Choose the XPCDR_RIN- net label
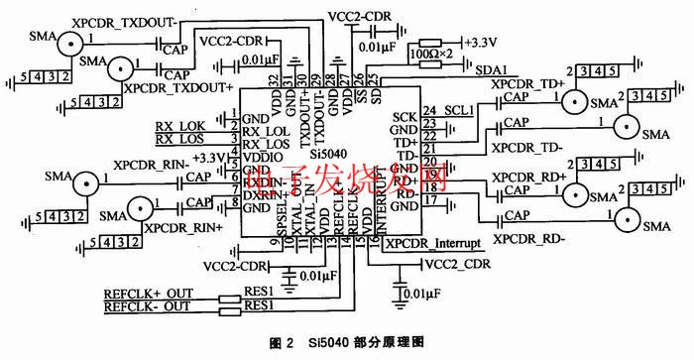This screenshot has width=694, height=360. tap(148, 164)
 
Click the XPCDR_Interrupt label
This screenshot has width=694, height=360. tap(433, 243)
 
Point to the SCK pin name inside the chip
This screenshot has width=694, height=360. tap(403, 116)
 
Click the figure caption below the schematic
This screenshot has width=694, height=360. tap(346, 343)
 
